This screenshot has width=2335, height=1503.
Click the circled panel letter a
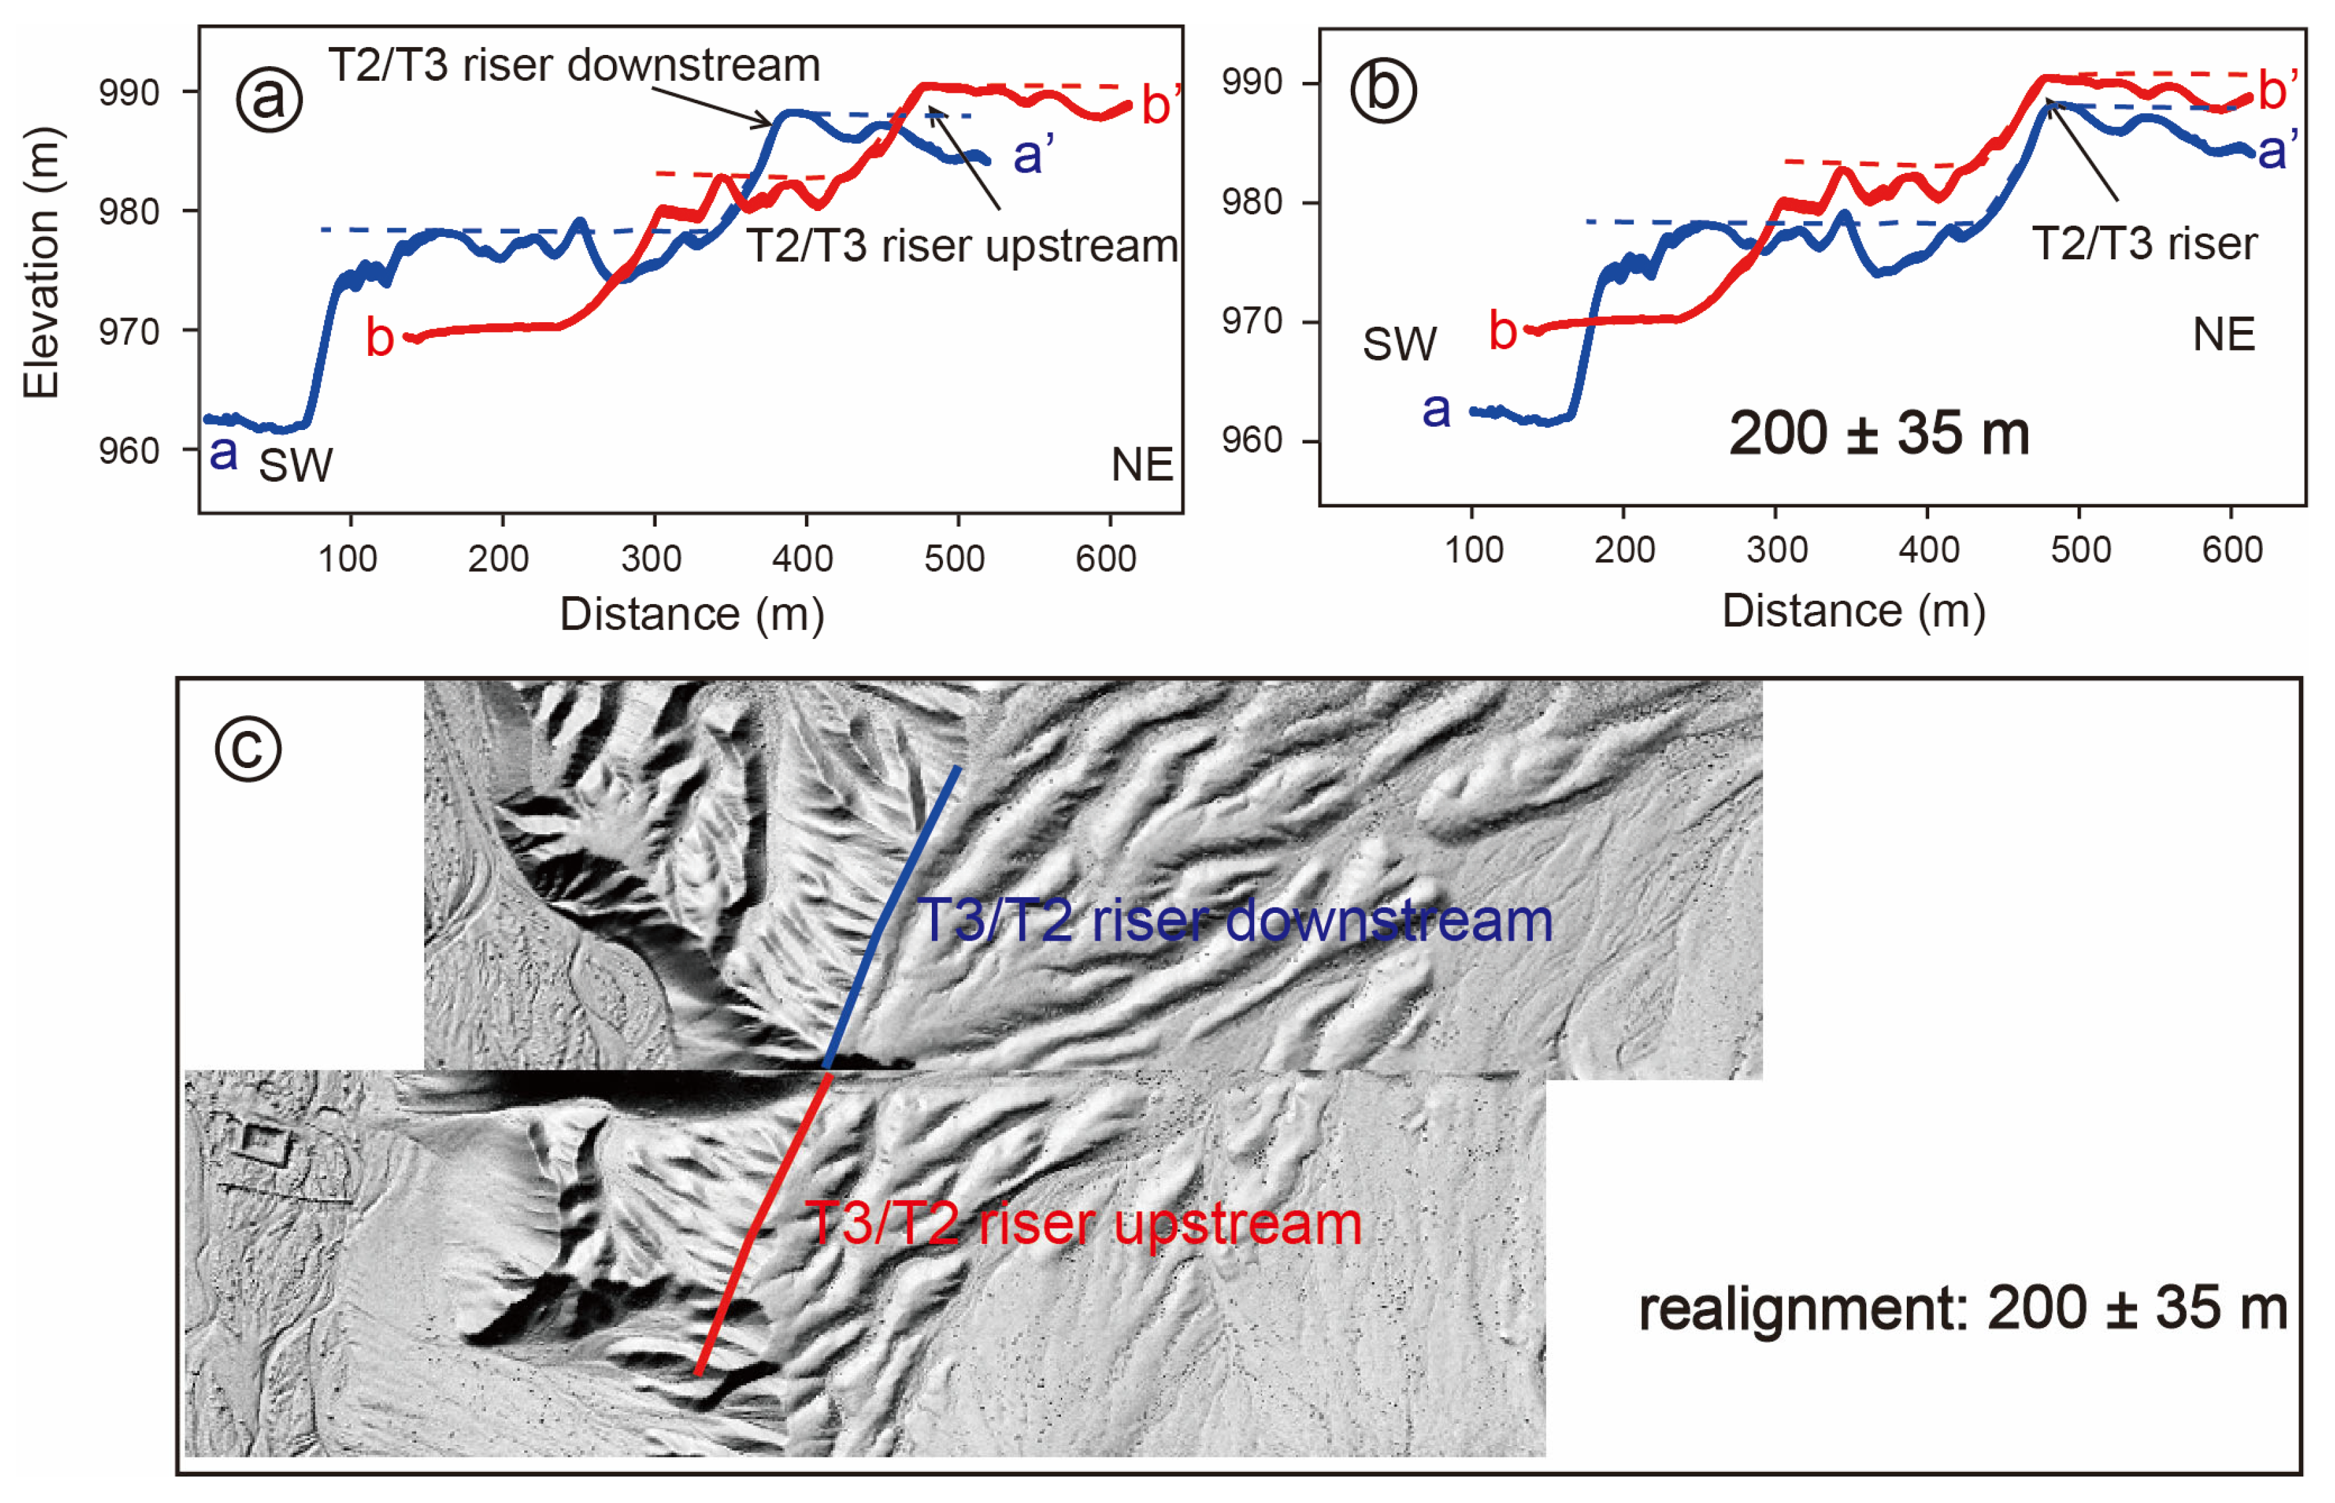coord(269,99)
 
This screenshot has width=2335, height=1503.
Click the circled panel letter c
coord(248,749)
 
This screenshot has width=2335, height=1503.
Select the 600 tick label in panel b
coord(2232,550)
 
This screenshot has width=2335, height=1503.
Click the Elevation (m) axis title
coord(41,263)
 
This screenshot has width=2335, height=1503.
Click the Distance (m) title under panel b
coord(1853,612)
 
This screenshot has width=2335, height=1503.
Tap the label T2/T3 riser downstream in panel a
coord(574,65)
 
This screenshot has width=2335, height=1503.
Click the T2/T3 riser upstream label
coord(962,246)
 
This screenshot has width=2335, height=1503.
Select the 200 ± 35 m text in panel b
coord(1878,433)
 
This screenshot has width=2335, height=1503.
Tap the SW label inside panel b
coord(1399,343)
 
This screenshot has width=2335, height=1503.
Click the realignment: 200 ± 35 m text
coord(1962,1309)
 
